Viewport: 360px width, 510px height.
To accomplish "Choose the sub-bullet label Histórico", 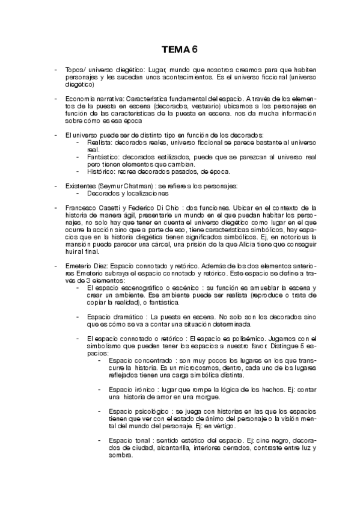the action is (100, 171).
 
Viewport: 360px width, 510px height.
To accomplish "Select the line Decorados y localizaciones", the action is (127, 194).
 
